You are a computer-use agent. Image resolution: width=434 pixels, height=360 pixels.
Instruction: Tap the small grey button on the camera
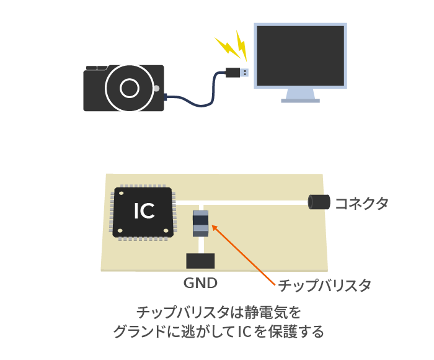[156, 88]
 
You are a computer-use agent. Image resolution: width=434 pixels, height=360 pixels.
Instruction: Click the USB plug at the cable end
[237, 73]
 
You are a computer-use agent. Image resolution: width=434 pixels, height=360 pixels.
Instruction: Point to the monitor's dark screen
[300, 56]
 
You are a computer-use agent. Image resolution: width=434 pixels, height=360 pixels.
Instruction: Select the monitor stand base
[300, 101]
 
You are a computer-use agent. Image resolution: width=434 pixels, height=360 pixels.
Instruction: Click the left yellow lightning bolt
[228, 47]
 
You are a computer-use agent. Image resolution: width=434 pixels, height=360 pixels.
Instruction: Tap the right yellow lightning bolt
[241, 45]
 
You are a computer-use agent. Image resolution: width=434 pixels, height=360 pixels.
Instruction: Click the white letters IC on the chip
[144, 211]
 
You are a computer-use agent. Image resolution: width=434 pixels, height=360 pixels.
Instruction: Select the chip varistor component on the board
[200, 223]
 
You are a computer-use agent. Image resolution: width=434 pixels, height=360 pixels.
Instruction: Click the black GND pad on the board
[200, 261]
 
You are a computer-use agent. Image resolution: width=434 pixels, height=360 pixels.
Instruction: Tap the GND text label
[200, 283]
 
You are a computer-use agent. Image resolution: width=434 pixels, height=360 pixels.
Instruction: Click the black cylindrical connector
[319, 202]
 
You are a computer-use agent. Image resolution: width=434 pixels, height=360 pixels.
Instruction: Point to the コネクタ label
[361, 204]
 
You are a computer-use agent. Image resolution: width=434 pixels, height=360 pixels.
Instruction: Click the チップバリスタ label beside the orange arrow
[324, 285]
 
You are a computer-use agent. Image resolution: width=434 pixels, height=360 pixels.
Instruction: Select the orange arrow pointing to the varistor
[243, 255]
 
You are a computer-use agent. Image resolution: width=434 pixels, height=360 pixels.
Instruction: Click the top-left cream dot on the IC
[121, 192]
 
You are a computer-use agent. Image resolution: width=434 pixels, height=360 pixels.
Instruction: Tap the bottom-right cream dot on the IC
[166, 230]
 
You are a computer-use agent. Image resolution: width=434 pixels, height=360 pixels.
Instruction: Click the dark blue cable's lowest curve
[201, 106]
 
